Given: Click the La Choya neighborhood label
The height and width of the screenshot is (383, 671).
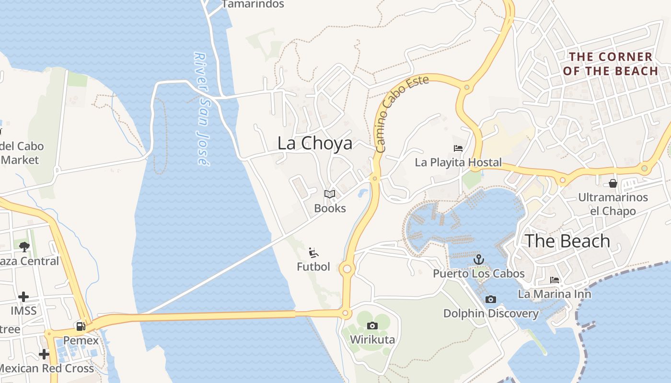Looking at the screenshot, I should coord(315,143).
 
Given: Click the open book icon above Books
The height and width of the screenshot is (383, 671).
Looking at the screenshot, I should coord(329,194).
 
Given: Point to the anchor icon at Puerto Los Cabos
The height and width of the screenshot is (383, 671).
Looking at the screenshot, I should coord(478,259).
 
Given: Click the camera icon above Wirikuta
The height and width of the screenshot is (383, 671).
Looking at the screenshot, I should coord(372,326).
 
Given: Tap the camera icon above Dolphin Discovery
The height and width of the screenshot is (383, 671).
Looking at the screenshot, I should coord(490,299).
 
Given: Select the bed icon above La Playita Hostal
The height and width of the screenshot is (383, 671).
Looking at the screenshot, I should coord(458,148).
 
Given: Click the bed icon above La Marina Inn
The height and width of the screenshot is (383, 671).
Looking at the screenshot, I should coord(555,280).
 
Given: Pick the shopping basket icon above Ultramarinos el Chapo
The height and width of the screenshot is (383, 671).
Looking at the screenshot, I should coord(613,183).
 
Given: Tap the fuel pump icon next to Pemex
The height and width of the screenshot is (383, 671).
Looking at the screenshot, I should coord(81,327).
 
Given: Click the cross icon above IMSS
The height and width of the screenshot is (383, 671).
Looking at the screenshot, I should coord(23,297).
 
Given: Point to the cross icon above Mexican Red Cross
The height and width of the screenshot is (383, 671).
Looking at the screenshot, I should coord(44,354).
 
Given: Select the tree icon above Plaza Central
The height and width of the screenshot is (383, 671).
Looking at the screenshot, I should coord(24,247).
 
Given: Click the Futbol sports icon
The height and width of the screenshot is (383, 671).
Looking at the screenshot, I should coord(314,252).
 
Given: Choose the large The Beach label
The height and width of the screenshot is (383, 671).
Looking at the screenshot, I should coord(567,241).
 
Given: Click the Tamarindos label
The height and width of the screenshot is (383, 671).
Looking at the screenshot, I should coord(253,4).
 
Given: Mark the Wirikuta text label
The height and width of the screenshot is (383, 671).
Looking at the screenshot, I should coord(372,340).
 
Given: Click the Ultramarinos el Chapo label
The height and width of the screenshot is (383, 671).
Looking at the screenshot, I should coord(613,204).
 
